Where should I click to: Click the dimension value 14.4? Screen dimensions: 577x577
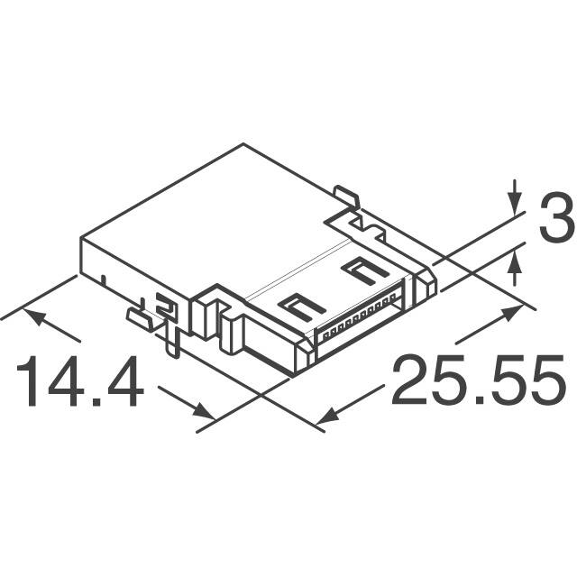click(x=79, y=382)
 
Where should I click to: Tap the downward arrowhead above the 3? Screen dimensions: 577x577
click(x=515, y=206)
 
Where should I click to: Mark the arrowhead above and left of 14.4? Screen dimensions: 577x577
click(x=32, y=316)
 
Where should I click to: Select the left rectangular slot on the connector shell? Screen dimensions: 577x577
click(x=301, y=306)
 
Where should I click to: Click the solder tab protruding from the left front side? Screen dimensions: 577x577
click(x=140, y=316)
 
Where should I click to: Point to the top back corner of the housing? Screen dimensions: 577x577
click(x=243, y=144)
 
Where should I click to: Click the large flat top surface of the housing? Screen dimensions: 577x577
click(x=225, y=225)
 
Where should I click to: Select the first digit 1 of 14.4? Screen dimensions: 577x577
click(x=27, y=382)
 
